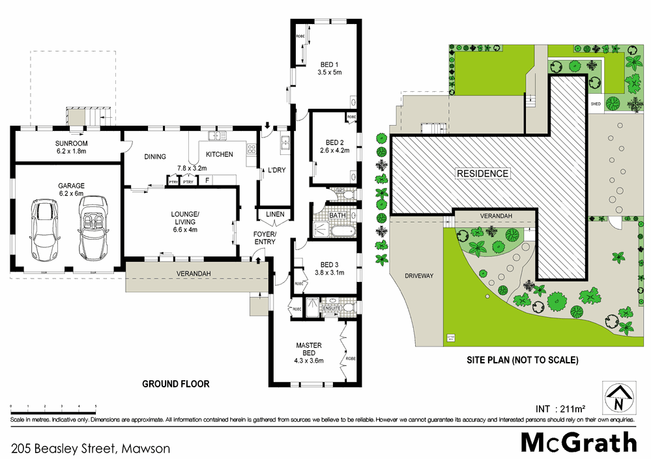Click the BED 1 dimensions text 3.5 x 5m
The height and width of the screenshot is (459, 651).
click(329, 72)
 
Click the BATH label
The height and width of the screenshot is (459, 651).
click(337, 215)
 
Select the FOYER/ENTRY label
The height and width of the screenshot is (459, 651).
click(265, 238)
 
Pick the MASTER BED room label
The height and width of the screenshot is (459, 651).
click(309, 349)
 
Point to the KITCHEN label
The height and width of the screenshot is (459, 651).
click(219, 155)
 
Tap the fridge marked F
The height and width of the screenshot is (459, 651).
click(207, 181)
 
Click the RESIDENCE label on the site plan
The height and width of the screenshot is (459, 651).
click(482, 174)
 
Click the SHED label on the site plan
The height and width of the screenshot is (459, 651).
click(596, 104)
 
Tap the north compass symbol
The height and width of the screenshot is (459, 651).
click(618, 394)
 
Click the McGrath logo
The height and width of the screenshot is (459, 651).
click(578, 442)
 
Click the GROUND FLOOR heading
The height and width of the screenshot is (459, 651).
click(176, 384)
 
